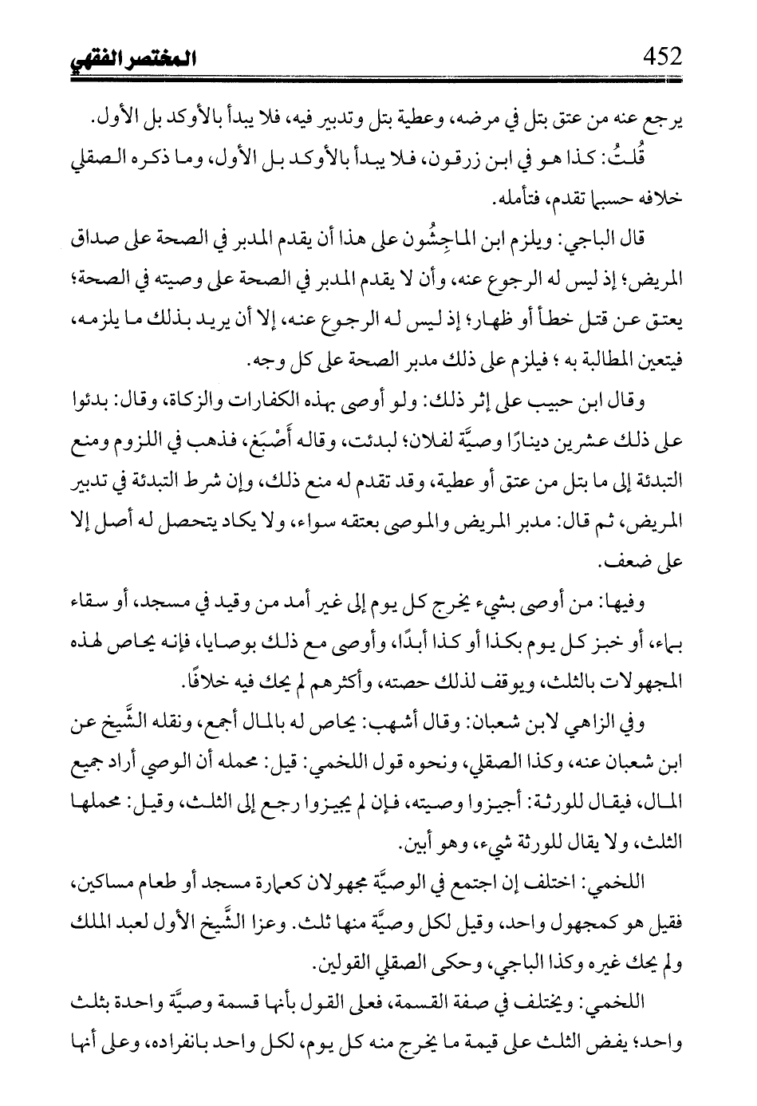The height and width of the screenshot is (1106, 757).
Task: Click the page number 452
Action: [657, 57]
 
